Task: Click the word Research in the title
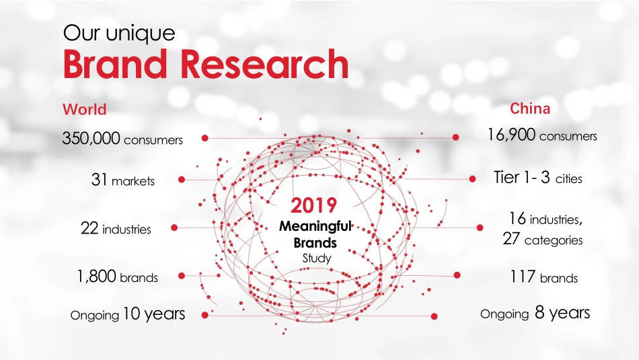point(265,65)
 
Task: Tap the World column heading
point(84,109)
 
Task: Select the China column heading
point(530,108)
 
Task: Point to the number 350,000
point(91,139)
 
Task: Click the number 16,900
point(512,135)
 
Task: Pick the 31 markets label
point(122,180)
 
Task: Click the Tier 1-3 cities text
point(537,178)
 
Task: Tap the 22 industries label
point(116,229)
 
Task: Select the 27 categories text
point(542,240)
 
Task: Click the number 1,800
point(97,277)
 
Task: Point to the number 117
point(522,277)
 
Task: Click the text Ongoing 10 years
point(128,314)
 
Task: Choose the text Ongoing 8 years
point(535,313)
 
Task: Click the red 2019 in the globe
point(313,205)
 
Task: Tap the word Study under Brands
point(316,258)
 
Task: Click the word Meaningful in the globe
point(315,227)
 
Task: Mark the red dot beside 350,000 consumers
point(204,138)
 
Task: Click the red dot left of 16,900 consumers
point(455,137)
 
